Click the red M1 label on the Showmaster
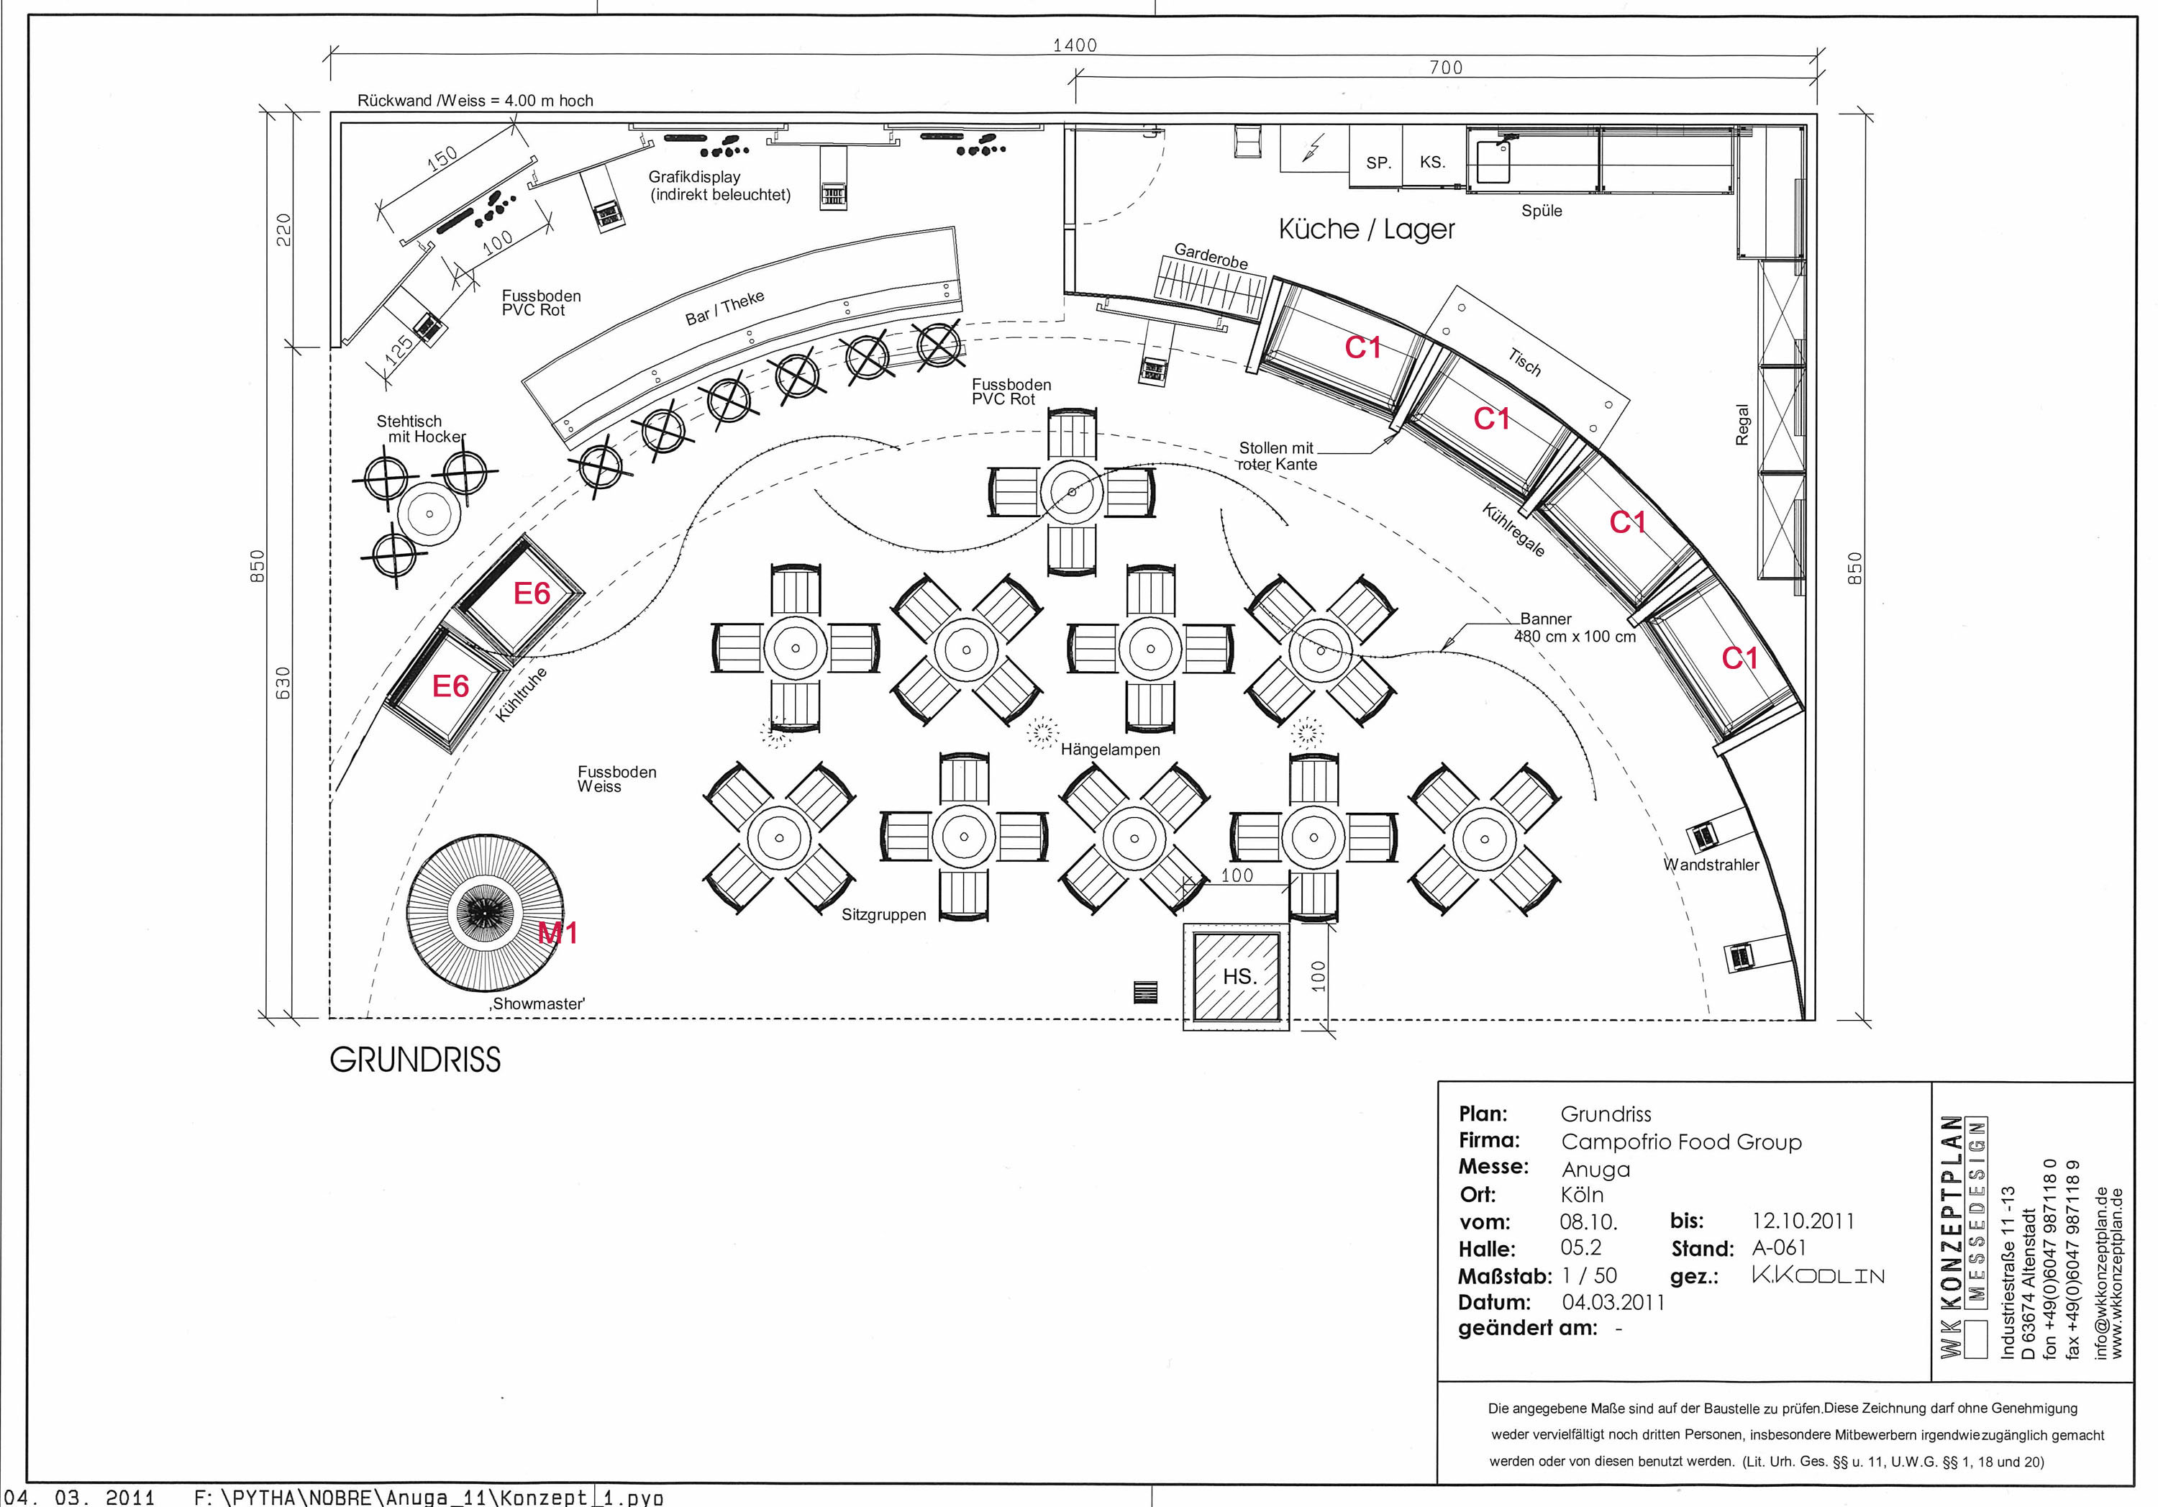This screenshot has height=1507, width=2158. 557,934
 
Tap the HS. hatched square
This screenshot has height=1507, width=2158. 1236,977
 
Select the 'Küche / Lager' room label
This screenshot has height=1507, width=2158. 1366,229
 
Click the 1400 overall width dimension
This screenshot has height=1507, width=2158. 1074,45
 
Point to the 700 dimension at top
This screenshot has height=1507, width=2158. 1446,68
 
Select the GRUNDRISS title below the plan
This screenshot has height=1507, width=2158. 416,1060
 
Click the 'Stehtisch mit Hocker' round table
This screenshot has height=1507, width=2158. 429,514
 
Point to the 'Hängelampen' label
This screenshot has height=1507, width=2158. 1110,750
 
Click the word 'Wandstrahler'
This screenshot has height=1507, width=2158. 1711,865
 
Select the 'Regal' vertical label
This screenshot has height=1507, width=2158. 1742,425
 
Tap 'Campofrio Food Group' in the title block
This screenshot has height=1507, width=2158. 1680,1142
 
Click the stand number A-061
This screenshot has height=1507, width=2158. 1779,1247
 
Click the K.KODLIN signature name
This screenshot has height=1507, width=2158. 1818,1275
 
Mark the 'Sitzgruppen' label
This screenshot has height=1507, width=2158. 883,915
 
